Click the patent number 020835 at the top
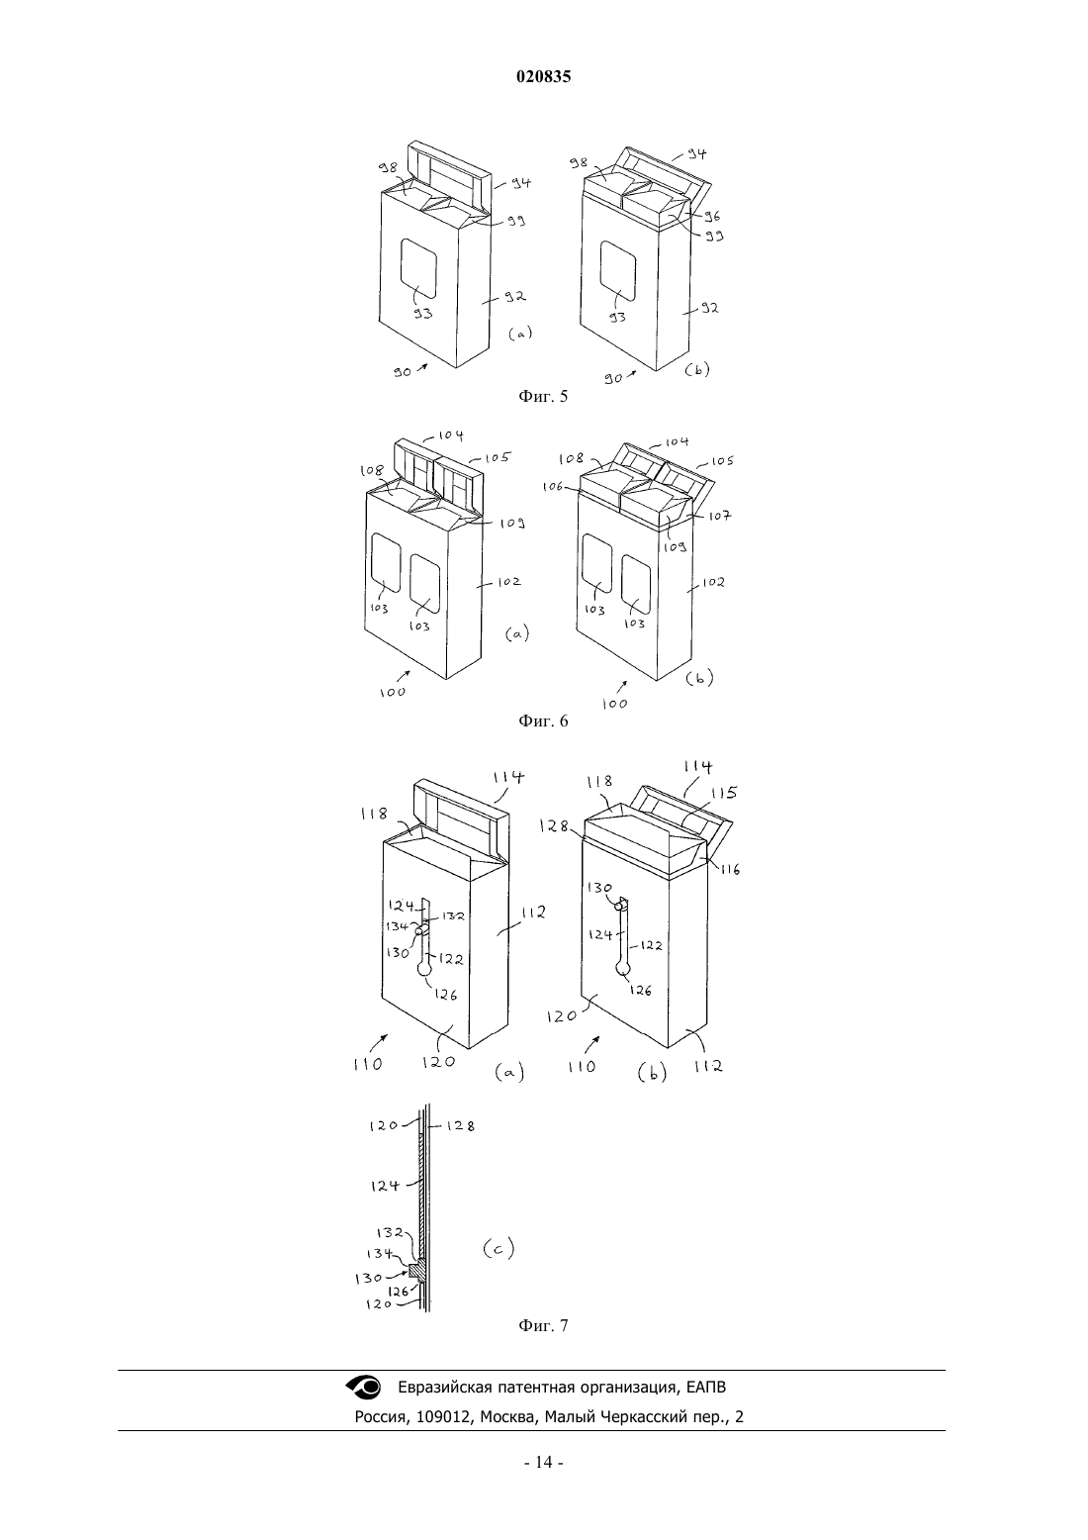click(543, 77)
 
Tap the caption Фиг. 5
click(543, 397)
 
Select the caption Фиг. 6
click(543, 722)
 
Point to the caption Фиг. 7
click(543, 1325)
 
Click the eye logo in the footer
click(363, 1387)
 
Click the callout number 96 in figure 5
click(711, 216)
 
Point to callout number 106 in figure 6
click(552, 486)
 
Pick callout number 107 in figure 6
click(719, 516)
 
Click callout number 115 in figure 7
click(724, 793)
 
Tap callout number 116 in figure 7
click(730, 870)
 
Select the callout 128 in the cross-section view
click(460, 1126)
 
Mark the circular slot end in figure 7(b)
click(623, 968)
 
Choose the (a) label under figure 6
click(517, 633)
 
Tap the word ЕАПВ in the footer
click(705, 1388)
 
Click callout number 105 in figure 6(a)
click(497, 457)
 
